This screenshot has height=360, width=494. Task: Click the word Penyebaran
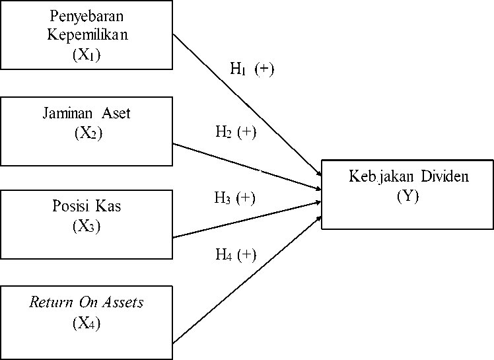[x=87, y=15]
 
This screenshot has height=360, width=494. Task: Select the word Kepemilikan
[x=87, y=35]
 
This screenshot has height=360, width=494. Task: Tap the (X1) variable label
[x=87, y=55]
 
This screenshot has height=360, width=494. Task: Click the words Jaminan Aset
[x=87, y=113]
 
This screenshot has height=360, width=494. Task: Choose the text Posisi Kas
[x=87, y=206]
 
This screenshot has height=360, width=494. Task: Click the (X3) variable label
[x=87, y=227]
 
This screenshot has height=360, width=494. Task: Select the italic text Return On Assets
[x=87, y=303]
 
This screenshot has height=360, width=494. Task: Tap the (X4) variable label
[x=87, y=324]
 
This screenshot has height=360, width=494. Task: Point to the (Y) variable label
[x=407, y=196]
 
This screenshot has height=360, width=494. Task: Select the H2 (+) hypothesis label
[x=236, y=131]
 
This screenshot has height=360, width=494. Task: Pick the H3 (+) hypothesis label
[x=234, y=198]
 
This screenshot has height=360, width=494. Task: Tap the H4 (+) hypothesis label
[x=236, y=255]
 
